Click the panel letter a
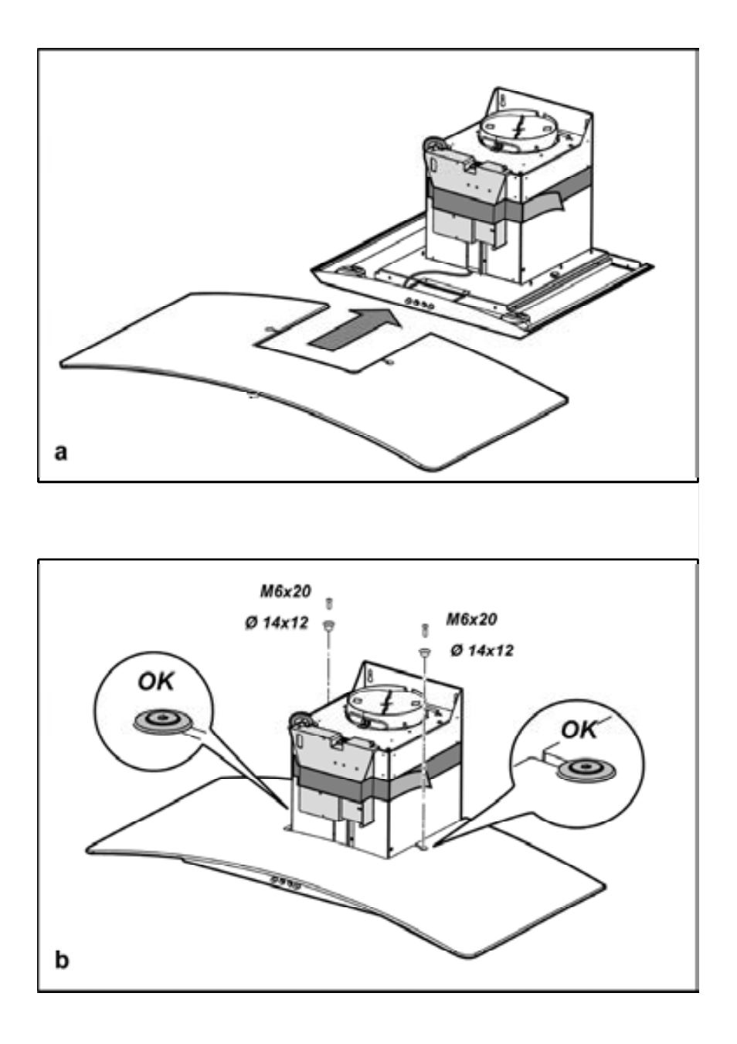61,452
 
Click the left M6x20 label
285,592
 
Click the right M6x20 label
471,620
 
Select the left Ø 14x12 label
277,623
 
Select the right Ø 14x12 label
482,650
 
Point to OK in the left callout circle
155,682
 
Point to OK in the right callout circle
579,729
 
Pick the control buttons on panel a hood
419,304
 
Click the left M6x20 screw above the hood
329,603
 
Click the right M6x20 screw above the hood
424,630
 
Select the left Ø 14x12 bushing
329,625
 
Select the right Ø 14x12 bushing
424,653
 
